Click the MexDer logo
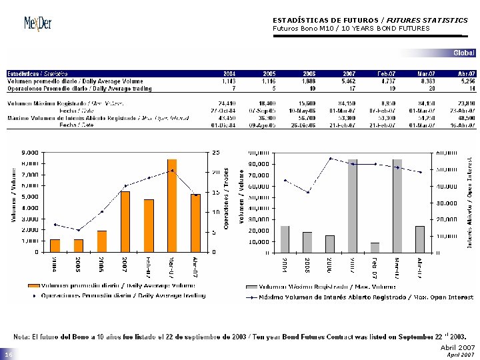38,23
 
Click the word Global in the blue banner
464,53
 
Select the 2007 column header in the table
349,73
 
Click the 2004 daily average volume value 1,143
227,81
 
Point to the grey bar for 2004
285,239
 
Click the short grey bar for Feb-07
375,247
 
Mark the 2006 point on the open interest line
330,159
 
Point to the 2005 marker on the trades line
78,230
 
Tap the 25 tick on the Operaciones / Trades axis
213,153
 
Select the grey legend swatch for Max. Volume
251,285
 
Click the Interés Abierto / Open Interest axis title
469,203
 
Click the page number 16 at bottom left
9,356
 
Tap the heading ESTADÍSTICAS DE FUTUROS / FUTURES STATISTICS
370,20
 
